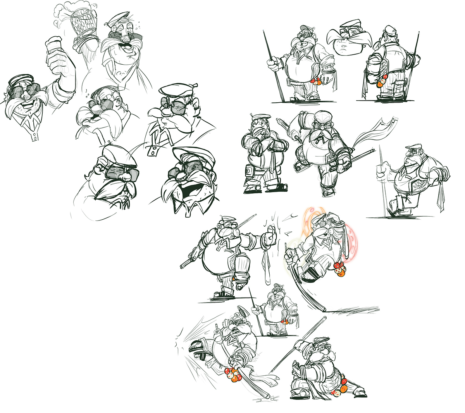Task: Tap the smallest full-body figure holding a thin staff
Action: pyautogui.click(x=276, y=310)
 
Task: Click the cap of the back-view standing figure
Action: pyautogui.click(x=389, y=29)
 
